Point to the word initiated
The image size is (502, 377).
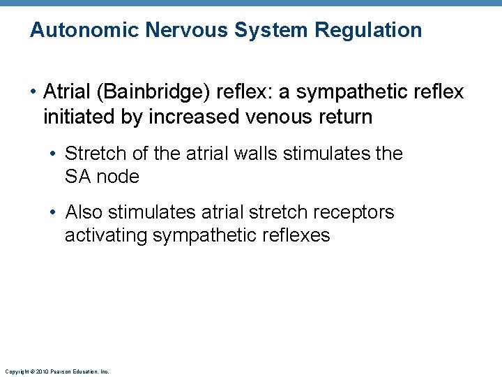pyautogui.click(x=81, y=116)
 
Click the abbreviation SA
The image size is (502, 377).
pyautogui.click(x=78, y=177)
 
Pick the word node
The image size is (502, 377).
pyautogui.click(x=118, y=177)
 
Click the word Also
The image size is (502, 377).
pyautogui.click(x=84, y=212)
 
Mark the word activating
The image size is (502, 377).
pyautogui.click(x=106, y=235)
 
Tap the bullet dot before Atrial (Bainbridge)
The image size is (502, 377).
pyautogui.click(x=33, y=92)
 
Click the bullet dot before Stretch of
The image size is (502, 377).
pyautogui.click(x=54, y=153)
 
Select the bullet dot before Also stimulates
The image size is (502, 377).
pyautogui.click(x=54, y=212)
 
